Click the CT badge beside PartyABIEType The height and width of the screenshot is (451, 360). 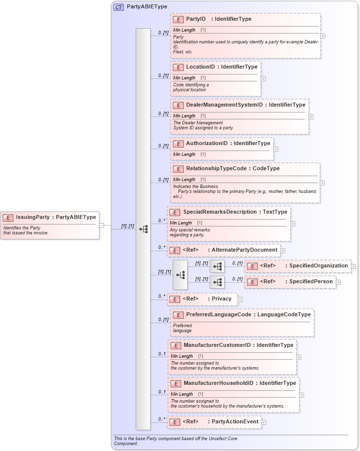point(119,7)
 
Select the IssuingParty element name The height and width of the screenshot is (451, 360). point(33,217)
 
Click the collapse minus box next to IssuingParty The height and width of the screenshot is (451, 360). point(102,225)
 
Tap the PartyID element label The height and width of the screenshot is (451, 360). point(195,19)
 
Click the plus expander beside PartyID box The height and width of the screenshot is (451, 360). point(323,36)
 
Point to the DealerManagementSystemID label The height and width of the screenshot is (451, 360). point(224,105)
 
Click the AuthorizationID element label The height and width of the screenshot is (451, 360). point(207,143)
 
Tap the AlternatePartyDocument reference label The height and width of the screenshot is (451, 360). point(244,250)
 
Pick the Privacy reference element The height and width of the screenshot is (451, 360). point(222,299)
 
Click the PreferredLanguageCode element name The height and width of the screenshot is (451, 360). point(218,314)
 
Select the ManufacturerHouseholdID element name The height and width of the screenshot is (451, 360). point(218,383)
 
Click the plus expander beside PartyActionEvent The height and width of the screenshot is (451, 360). point(264,422)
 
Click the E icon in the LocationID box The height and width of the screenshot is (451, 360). point(178,67)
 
